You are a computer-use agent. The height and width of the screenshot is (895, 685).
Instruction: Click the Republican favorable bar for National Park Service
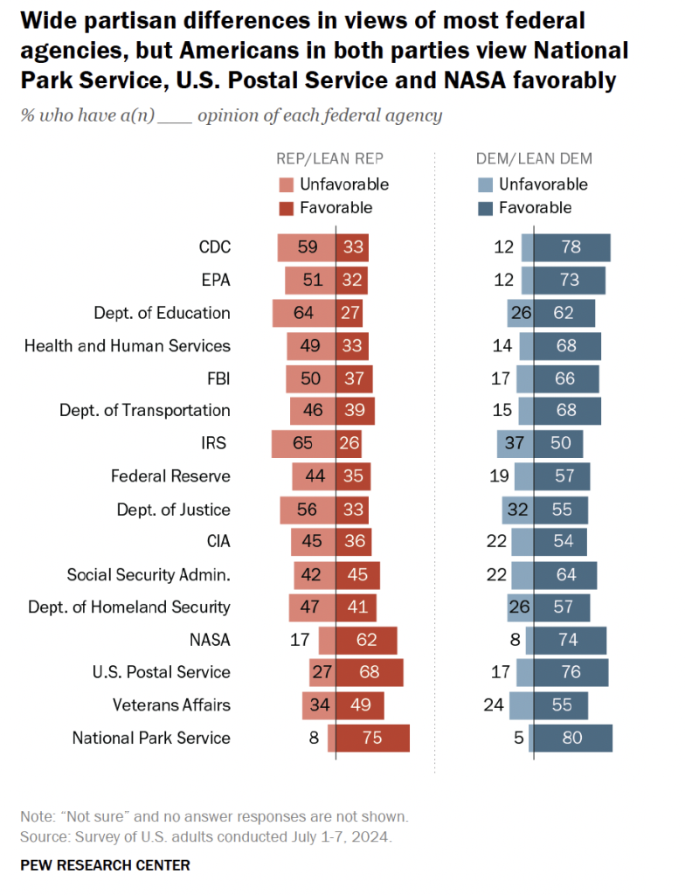pyautogui.click(x=373, y=738)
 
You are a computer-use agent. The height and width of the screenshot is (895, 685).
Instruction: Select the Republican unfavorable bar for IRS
pyautogui.click(x=303, y=443)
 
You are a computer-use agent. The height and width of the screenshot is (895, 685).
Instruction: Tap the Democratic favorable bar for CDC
pyautogui.click(x=571, y=247)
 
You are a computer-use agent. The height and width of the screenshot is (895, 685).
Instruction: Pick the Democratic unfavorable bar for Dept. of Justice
pyautogui.click(x=517, y=509)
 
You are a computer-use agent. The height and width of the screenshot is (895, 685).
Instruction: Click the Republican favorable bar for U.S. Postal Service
pyautogui.click(x=370, y=672)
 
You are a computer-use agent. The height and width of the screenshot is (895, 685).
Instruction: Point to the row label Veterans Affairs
pyautogui.click(x=171, y=705)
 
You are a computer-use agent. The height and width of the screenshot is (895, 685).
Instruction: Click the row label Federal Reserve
pyautogui.click(x=170, y=476)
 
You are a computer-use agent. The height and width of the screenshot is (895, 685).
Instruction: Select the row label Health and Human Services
pyautogui.click(x=128, y=345)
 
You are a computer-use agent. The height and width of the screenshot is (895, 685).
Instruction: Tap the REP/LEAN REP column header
pyautogui.click(x=329, y=158)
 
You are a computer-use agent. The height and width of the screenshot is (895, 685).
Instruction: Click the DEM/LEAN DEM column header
pyautogui.click(x=534, y=158)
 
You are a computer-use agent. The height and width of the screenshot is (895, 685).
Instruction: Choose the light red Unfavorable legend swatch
pyautogui.click(x=286, y=184)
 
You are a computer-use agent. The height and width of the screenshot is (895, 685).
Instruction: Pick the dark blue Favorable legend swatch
pyautogui.click(x=485, y=208)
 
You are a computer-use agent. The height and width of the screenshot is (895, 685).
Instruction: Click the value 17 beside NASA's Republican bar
pyautogui.click(x=300, y=640)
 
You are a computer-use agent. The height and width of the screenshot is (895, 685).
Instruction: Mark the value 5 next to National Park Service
pyautogui.click(x=518, y=738)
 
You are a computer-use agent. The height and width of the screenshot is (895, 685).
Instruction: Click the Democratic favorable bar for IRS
pyautogui.click(x=558, y=443)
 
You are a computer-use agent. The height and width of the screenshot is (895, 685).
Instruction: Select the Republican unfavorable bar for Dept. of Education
pyautogui.click(x=304, y=313)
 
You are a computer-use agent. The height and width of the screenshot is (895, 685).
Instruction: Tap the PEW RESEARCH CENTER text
pyautogui.click(x=105, y=865)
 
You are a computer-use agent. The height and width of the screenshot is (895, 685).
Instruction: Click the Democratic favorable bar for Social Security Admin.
pyautogui.click(x=565, y=574)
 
